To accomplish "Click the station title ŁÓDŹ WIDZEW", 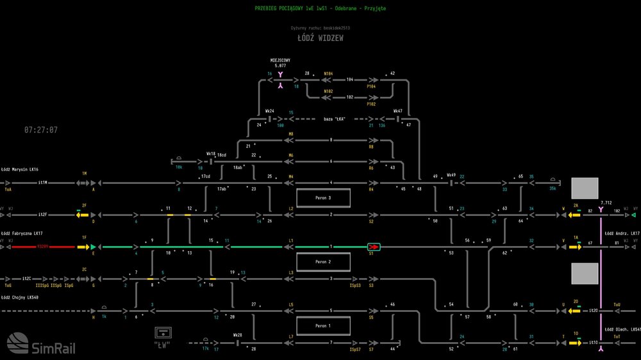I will pyautogui.click(x=320, y=38).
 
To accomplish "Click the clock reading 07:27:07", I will pyautogui.click(x=41, y=130).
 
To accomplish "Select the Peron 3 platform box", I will pyautogui.click(x=323, y=198).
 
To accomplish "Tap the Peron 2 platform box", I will pyautogui.click(x=323, y=262).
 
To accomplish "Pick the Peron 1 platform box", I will pyautogui.click(x=323, y=326).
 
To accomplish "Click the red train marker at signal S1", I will pyautogui.click(x=373, y=247).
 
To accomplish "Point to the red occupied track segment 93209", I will pyautogui.click(x=43, y=247).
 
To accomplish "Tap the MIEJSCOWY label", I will pyautogui.click(x=280, y=60).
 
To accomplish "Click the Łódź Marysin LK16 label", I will pyautogui.click(x=20, y=169).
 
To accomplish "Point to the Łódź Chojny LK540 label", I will pyautogui.click(x=20, y=297).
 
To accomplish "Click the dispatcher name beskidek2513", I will pyautogui.click(x=336, y=28).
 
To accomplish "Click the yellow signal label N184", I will pyautogui.click(x=328, y=74).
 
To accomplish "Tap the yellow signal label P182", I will pyautogui.click(x=371, y=104).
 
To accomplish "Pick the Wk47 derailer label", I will pyautogui.click(x=397, y=111).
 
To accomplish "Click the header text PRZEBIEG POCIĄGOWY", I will pyautogui.click(x=279, y=8).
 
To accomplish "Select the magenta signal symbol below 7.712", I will pyautogui.click(x=601, y=209).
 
